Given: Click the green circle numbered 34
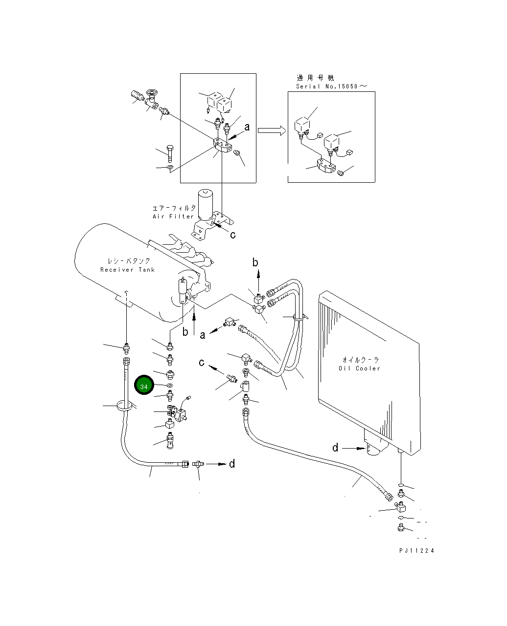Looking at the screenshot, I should click(143, 386).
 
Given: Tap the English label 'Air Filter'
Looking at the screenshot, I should click(173, 216).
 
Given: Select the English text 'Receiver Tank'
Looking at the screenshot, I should click(127, 270).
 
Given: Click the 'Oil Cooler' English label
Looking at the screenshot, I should click(359, 368).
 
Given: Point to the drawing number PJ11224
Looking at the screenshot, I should click(416, 551).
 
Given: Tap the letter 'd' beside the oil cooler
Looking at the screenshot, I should click(335, 448).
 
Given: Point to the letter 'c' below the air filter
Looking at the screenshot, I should click(232, 235).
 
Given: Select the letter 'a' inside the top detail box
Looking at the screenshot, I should click(247, 127).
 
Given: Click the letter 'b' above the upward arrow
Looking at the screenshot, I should click(255, 262).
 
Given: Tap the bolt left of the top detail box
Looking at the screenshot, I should click(169, 153).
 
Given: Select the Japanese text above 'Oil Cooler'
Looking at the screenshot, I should click(359, 359).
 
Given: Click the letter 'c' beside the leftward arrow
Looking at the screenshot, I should click(201, 362).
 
